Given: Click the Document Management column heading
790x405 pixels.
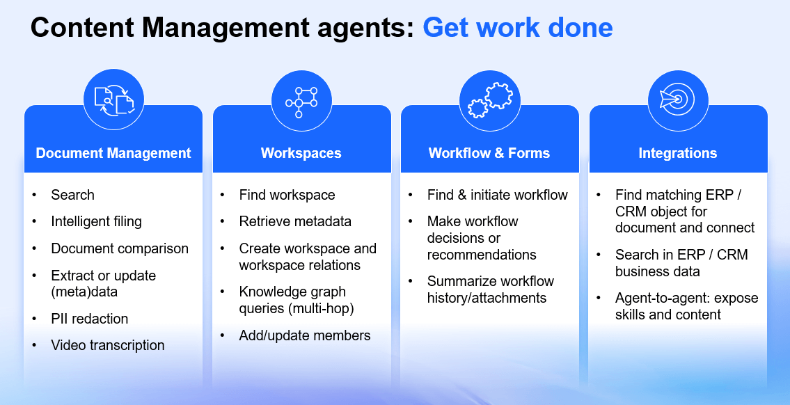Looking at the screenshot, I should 113,153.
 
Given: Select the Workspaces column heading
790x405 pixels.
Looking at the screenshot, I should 301,153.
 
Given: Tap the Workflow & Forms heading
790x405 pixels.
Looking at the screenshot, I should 489,153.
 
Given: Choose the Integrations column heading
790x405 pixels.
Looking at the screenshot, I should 678,153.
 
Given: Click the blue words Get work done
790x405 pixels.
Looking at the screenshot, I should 518,28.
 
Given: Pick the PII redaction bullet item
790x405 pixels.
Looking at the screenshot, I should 90,319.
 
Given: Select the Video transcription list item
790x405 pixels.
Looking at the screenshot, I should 108,345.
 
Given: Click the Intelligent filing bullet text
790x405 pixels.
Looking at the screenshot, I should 96,221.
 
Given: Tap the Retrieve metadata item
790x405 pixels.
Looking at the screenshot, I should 295,221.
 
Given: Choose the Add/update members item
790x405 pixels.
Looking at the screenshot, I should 305,335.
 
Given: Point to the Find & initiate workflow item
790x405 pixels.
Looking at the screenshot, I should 498,195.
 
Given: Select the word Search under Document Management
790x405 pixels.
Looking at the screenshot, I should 72,195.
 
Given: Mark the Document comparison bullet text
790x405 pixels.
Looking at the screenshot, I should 120,248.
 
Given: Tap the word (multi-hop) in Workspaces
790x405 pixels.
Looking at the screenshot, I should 320,308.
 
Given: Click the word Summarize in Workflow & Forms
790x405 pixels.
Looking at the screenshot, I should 459,281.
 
